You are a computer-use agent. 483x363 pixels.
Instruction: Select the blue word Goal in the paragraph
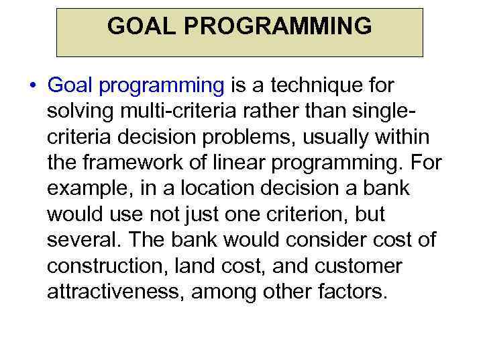coord(70,86)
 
